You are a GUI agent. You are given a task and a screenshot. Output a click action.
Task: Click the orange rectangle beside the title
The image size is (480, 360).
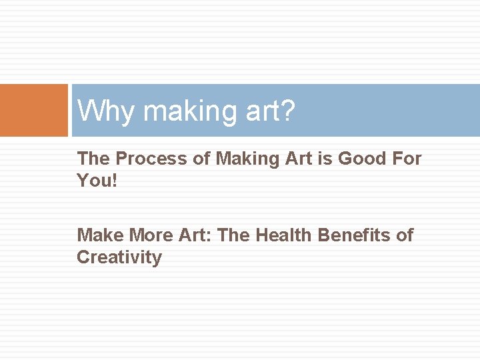pyautogui.click(x=34, y=110)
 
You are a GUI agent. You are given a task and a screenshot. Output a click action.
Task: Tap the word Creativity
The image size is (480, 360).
pyautogui.click(x=119, y=257)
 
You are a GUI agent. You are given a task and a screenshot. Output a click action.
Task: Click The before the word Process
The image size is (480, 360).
pyautogui.click(x=93, y=159)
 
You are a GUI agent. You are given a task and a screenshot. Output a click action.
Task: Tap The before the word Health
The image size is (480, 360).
pyautogui.click(x=233, y=235)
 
